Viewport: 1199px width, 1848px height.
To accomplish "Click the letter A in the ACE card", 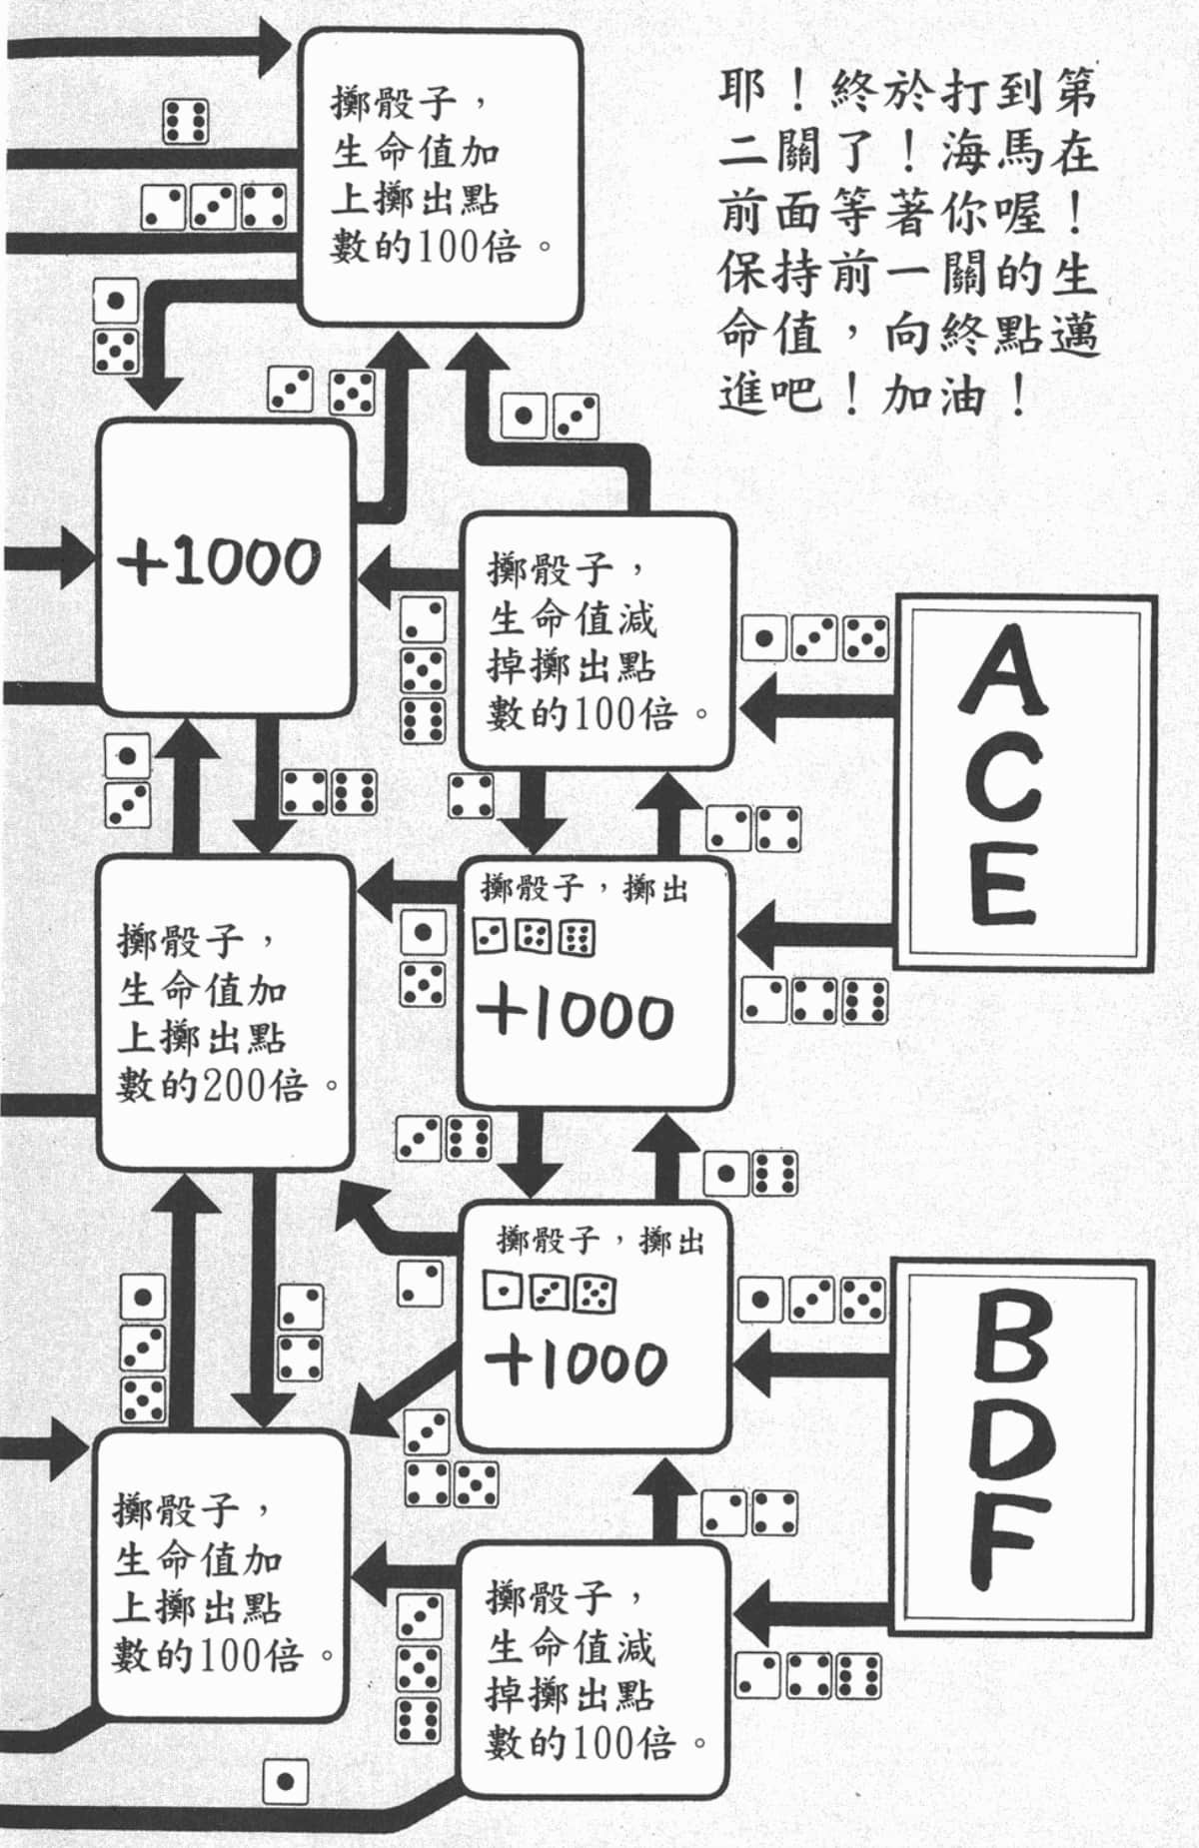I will pyautogui.click(x=1002, y=670).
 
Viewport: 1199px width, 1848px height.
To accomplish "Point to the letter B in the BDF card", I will pyautogui.click(x=1010, y=1346).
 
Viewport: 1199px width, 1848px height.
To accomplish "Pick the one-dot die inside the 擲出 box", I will pyautogui.click(x=502, y=1294).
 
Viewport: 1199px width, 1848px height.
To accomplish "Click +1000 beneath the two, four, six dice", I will pyautogui.click(x=577, y=1015).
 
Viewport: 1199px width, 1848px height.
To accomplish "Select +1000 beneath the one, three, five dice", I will pyautogui.click(x=577, y=1363).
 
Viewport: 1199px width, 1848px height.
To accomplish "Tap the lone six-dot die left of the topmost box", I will pyautogui.click(x=186, y=122).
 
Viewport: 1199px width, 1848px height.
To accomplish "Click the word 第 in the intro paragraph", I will pyautogui.click(x=1074, y=93).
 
